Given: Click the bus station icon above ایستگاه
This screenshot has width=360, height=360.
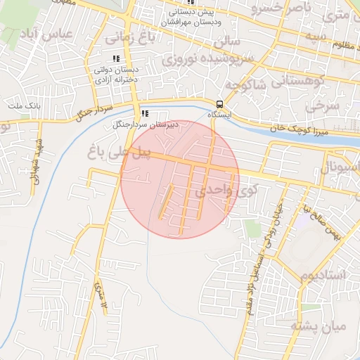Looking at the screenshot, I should coord(221,102).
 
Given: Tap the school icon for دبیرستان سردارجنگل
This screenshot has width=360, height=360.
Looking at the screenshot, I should coord(145,114).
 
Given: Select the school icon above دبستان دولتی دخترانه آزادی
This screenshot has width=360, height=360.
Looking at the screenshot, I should coord(116,58).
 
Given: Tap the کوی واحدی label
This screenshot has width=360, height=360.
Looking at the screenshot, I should coord(226,191).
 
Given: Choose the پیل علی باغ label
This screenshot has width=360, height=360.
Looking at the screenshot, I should coord(117,153).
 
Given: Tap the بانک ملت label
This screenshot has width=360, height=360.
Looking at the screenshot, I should coord(22,106).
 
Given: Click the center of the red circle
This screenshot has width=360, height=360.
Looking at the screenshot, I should coord(180,179).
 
